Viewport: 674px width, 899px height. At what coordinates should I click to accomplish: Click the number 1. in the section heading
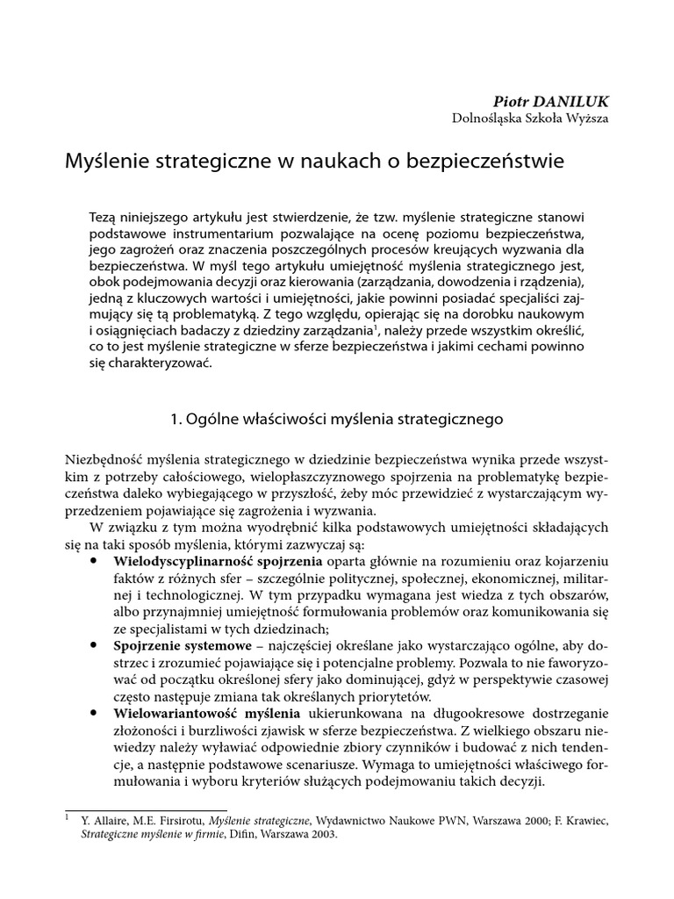[176, 420]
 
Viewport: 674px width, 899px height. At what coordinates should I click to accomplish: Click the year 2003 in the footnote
[319, 836]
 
